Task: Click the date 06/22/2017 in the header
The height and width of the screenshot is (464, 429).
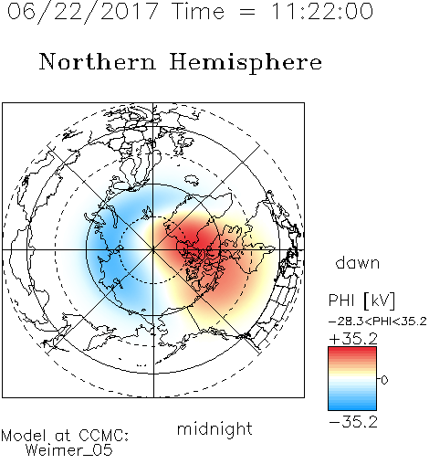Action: click(83, 12)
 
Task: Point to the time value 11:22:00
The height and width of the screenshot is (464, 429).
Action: click(322, 12)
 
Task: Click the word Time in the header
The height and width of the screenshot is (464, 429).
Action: click(198, 12)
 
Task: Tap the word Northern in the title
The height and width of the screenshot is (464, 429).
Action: click(98, 61)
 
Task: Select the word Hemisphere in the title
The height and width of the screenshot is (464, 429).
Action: click(246, 63)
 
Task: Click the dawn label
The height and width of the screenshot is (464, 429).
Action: click(358, 262)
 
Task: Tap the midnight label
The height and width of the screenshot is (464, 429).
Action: click(214, 428)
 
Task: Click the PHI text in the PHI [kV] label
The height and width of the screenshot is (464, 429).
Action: click(341, 301)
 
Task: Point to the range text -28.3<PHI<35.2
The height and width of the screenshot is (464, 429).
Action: click(377, 322)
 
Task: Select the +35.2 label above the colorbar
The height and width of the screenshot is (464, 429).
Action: click(353, 339)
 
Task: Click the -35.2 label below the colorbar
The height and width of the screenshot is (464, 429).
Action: click(353, 422)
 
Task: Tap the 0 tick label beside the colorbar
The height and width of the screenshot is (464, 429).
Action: click(384, 380)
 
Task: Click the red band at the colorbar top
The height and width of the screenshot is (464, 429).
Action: click(352, 351)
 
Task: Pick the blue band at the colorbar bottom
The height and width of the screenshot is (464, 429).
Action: click(352, 406)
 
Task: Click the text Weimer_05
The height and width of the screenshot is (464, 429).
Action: click(69, 450)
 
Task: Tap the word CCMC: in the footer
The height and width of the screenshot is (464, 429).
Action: click(103, 436)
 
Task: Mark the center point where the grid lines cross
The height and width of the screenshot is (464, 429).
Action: click(153, 250)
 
